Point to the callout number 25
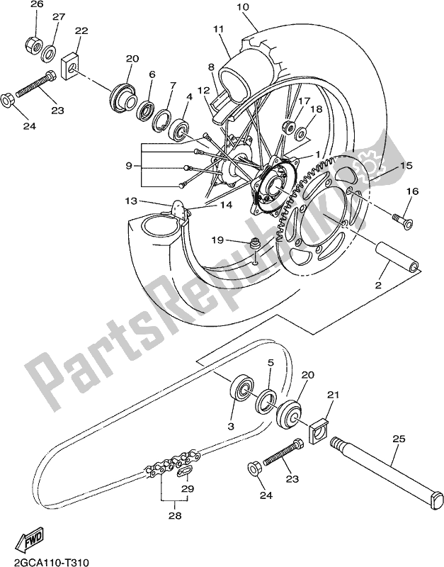(399, 440)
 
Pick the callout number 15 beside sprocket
(405, 165)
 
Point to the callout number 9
(129, 165)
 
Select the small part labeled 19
(254, 246)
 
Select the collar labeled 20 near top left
(124, 94)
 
